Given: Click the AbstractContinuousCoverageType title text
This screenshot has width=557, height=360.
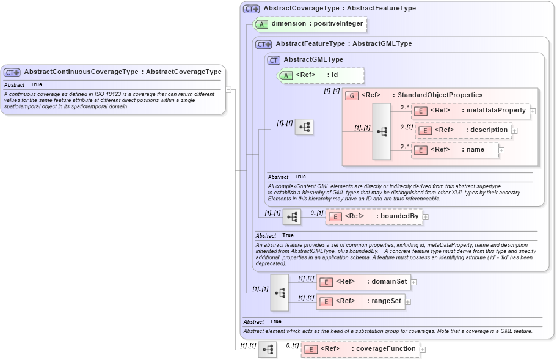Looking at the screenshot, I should pos(122,72).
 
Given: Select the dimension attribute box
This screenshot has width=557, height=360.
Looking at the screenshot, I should pos(311,24).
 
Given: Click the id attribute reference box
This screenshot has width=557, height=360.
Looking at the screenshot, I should pos(321,75).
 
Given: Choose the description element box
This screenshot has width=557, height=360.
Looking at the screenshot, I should pos(464,130).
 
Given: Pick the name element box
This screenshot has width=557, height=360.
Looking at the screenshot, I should pos(455,150).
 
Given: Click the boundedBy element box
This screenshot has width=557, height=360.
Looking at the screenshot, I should pos(373,216).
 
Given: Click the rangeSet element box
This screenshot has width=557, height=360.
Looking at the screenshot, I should pos(360,301).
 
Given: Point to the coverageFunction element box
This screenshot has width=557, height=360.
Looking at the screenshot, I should pos(360,349).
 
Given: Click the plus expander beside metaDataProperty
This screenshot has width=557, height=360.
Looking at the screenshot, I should pos(533,111).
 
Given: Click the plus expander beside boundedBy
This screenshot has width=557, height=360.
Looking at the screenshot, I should pos(426,216).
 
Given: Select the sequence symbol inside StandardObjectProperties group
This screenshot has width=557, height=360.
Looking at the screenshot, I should pos(382,131).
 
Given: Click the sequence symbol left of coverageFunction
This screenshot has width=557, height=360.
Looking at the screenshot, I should pos(268,349).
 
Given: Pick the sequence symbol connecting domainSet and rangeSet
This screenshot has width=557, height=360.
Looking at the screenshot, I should pos(280,292).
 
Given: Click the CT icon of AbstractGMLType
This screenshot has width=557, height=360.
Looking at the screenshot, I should pos(274,60).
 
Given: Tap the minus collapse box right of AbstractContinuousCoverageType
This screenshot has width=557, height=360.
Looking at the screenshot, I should pos(228,89).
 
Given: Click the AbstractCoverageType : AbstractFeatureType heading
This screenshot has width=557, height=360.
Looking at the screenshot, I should pos(340,9).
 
